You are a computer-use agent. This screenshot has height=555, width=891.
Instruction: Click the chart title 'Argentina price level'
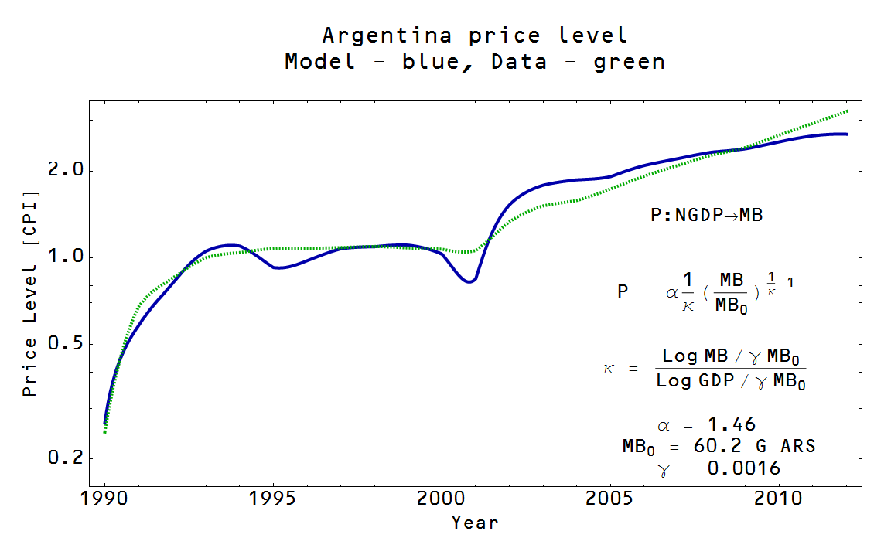click(x=474, y=36)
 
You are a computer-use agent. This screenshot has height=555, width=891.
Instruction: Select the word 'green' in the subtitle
click(x=629, y=62)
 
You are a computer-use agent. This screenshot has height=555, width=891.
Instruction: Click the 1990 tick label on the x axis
click(x=104, y=499)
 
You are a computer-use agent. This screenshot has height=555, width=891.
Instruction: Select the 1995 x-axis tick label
click(x=273, y=499)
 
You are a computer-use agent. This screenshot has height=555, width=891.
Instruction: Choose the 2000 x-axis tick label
click(x=442, y=499)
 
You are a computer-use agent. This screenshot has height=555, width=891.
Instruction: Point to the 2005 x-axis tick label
click(x=610, y=499)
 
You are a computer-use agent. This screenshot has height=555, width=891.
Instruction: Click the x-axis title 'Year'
click(x=475, y=523)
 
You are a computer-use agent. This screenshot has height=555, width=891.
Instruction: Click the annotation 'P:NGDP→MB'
click(x=706, y=216)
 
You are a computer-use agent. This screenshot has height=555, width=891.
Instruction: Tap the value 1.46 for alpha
click(x=732, y=424)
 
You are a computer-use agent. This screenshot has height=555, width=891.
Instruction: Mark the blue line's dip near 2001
click(x=469, y=281)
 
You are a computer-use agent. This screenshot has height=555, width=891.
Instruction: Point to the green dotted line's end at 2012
click(x=848, y=111)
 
